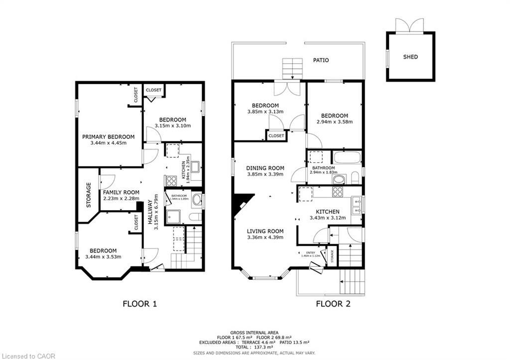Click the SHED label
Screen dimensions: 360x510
[410, 57]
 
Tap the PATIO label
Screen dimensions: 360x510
[321, 60]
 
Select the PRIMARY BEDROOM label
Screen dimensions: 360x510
[109, 137]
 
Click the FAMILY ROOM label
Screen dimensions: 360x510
[121, 192]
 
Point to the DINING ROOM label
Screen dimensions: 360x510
[265, 168]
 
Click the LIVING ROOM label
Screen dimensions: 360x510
[265, 231]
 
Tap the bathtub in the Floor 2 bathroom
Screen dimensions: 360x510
[347, 158]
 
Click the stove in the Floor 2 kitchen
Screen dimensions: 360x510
[338, 192]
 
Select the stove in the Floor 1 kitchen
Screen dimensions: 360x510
[171, 180]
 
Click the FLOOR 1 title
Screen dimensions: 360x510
[140, 304]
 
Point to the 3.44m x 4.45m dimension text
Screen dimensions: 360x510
[109, 143]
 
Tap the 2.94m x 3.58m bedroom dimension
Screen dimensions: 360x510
[334, 121]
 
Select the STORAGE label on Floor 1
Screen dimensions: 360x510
[89, 195]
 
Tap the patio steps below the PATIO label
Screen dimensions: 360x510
[292, 68]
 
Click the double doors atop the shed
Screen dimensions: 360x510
[409, 25]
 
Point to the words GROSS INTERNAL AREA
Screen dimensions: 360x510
[255, 333]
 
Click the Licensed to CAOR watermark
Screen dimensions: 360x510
[28, 356]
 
